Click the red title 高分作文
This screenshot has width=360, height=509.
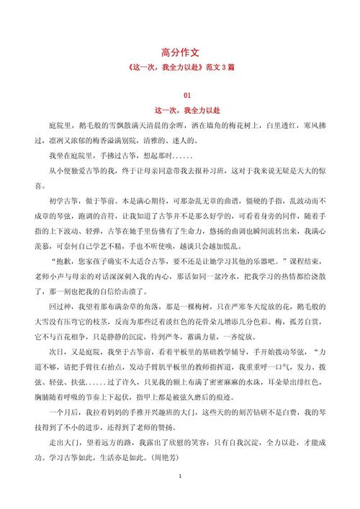179,52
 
